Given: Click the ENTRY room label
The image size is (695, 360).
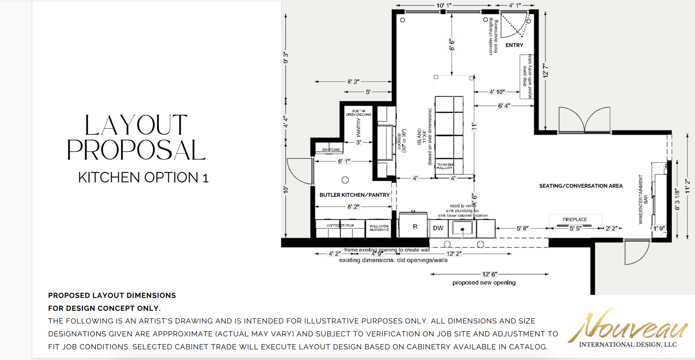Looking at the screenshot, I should (514, 45).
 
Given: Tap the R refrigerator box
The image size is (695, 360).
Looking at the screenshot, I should (415, 227).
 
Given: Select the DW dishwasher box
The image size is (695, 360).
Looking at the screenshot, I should (438, 228).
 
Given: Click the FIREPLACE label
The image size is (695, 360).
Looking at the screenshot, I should (574, 219).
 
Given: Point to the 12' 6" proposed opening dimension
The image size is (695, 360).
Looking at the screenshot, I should (489, 274).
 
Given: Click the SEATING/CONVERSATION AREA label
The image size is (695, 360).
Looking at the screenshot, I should (581, 186).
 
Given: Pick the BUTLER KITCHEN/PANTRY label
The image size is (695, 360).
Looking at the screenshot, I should (354, 195).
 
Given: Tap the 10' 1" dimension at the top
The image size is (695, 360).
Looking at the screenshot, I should (443, 5).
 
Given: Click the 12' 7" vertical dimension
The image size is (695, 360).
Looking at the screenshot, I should (546, 70).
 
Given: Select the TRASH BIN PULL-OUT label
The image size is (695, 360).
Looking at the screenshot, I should (444, 166).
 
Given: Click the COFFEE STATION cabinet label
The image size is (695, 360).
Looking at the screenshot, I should (340, 225).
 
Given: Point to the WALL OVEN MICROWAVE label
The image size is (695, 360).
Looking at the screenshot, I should (379, 228).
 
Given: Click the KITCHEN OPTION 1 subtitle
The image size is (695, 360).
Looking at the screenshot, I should (143, 177).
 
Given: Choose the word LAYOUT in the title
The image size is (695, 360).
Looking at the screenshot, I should (136, 125).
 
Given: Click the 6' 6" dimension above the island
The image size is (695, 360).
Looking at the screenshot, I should (452, 45).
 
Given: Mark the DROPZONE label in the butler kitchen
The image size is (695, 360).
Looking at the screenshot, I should (331, 150).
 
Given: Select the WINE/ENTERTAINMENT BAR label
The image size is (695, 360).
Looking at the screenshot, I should (643, 199).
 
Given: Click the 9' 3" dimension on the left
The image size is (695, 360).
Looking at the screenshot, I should (286, 58).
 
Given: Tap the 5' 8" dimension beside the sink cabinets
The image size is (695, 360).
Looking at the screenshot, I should (522, 229).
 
